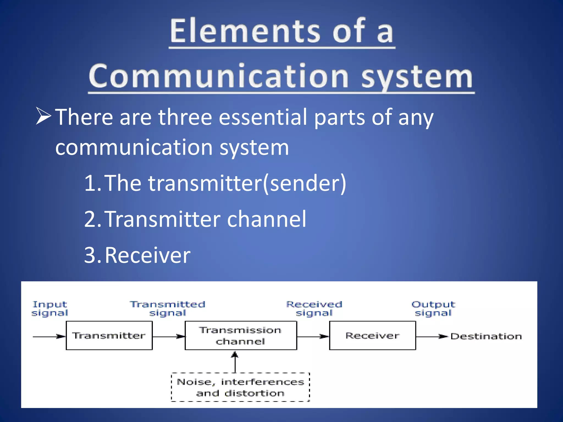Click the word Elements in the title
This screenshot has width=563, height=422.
click(x=245, y=31)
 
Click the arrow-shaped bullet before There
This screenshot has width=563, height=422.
click(x=43, y=116)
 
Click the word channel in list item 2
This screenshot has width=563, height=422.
click(x=266, y=219)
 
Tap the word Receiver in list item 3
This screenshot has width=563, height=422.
click(x=148, y=255)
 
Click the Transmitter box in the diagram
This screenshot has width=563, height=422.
click(x=109, y=335)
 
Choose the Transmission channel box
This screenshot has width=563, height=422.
click(x=241, y=335)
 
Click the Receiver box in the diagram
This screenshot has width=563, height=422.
click(x=372, y=335)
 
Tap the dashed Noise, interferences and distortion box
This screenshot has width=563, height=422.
click(x=240, y=387)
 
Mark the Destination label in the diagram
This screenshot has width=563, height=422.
click(x=486, y=336)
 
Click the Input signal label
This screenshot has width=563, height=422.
click(x=50, y=309)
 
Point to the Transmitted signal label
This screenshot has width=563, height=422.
click(x=168, y=309)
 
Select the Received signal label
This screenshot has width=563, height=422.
click(x=314, y=309)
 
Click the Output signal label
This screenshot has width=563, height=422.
click(x=433, y=309)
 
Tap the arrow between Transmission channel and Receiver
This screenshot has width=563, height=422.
click(x=313, y=336)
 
